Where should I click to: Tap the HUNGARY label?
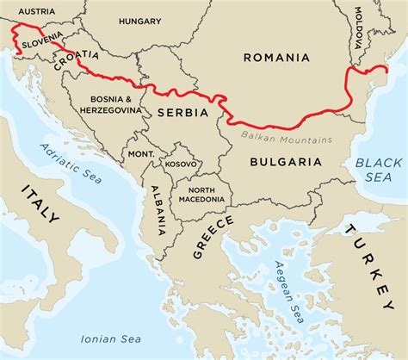click(x=140, y=20)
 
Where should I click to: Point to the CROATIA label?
click(x=76, y=58)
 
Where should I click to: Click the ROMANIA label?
click(x=275, y=58)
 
